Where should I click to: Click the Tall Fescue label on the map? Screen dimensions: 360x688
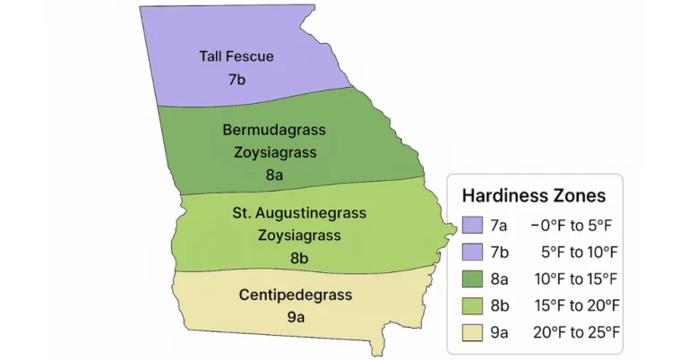(x=236, y=56)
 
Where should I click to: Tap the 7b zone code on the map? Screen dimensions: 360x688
(x=236, y=79)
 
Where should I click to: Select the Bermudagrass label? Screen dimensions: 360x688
(x=273, y=130)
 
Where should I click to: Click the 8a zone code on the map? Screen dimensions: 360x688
(x=274, y=175)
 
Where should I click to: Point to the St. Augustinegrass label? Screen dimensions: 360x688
(x=287, y=214)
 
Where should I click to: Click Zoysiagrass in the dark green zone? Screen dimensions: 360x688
(x=274, y=152)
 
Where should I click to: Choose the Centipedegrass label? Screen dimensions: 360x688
(x=296, y=294)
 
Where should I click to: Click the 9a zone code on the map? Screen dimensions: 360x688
(x=296, y=316)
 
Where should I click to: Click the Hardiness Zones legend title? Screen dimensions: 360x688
(x=533, y=195)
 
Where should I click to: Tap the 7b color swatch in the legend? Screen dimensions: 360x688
(x=473, y=252)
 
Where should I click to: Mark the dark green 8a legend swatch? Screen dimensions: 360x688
(x=473, y=279)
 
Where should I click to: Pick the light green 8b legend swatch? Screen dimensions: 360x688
(x=473, y=305)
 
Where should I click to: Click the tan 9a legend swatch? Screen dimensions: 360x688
(x=473, y=332)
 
